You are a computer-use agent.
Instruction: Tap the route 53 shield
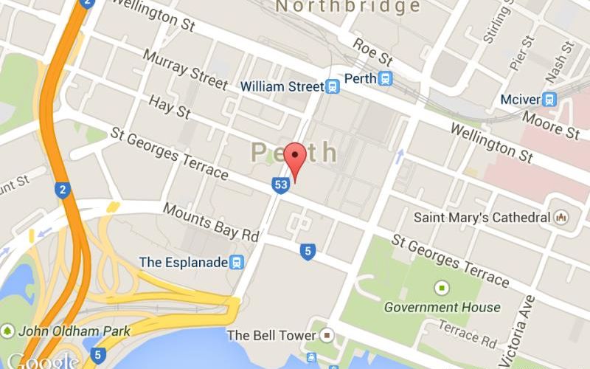280,184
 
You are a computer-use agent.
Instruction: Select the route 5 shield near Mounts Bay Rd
308,252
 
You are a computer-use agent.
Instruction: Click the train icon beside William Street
333,87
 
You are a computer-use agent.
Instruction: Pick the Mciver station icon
549,99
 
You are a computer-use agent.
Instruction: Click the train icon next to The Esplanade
237,262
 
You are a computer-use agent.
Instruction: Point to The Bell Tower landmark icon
328,336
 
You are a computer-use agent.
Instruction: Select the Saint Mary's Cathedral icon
563,218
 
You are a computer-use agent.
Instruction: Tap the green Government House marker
442,287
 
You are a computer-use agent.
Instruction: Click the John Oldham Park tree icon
8,330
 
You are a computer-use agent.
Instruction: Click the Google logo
42,360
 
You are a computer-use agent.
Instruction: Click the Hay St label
169,106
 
